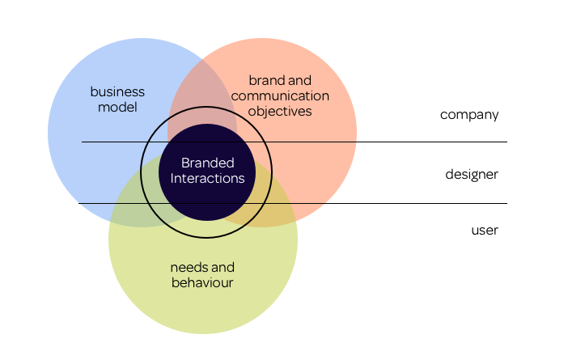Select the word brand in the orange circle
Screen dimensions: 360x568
267,80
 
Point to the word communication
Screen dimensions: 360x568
280,95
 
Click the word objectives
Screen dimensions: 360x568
280,111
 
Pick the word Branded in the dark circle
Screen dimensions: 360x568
207,163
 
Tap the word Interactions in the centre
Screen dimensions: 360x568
207,178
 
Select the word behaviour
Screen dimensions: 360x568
202,282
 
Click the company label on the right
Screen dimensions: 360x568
469,114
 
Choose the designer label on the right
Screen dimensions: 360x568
471,174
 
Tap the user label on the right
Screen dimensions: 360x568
485,231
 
